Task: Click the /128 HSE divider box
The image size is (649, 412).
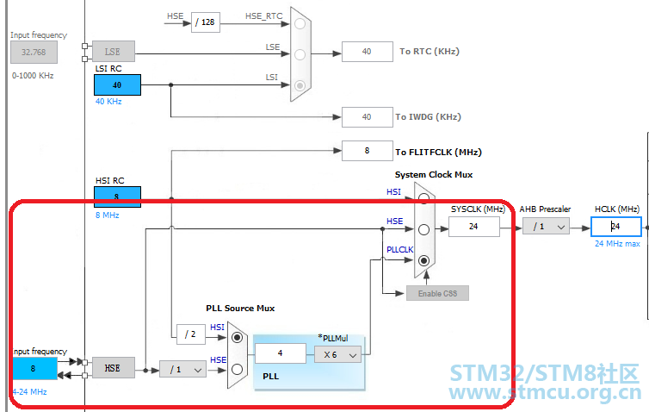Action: [206, 22]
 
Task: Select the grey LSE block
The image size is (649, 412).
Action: [114, 52]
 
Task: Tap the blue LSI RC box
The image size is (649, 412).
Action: [118, 85]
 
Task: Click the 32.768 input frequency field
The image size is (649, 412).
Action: [34, 53]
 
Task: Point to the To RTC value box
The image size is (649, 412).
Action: [368, 52]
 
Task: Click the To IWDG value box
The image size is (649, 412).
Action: [368, 117]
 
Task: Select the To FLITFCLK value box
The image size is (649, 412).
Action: [368, 151]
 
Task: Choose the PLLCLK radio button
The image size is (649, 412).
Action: [423, 260]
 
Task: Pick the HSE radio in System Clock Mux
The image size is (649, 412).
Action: [423, 229]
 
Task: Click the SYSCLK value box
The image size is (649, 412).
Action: [474, 227]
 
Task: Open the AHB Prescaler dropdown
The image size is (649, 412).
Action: [546, 227]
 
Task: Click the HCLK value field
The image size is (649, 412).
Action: [616, 227]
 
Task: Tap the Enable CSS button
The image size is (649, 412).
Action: [437, 293]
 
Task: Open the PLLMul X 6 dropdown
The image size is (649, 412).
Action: [337, 355]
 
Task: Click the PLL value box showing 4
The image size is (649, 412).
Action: [281, 353]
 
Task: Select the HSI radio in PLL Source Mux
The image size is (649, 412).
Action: [238, 337]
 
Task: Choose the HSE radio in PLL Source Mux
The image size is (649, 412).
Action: [238, 369]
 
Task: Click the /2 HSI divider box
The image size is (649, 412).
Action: [191, 334]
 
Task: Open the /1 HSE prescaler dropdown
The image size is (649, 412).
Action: [182, 369]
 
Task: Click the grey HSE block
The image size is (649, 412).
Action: [114, 368]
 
